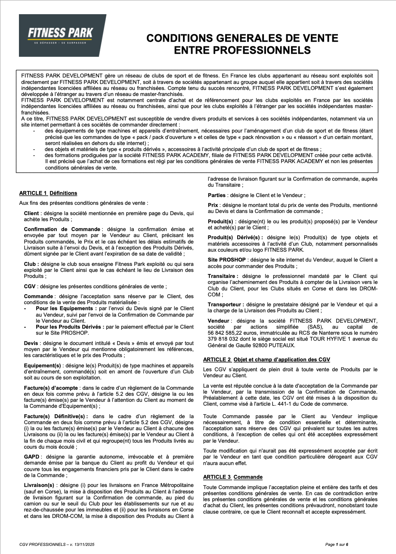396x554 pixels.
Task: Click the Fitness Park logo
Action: pyautogui.click(x=62, y=35)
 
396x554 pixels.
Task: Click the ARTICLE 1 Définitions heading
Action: pyautogui.click(x=48, y=193)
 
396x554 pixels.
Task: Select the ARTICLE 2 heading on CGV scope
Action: pyautogui.click(x=266, y=360)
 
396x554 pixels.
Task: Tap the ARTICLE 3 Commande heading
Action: pyautogui.click(x=232, y=477)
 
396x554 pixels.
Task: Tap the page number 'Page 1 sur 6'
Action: pyautogui.click(x=337, y=545)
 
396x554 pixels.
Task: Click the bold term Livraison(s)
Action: pyautogui.click(x=40, y=485)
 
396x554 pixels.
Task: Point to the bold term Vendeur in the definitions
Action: pyautogui.click(x=219, y=321)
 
